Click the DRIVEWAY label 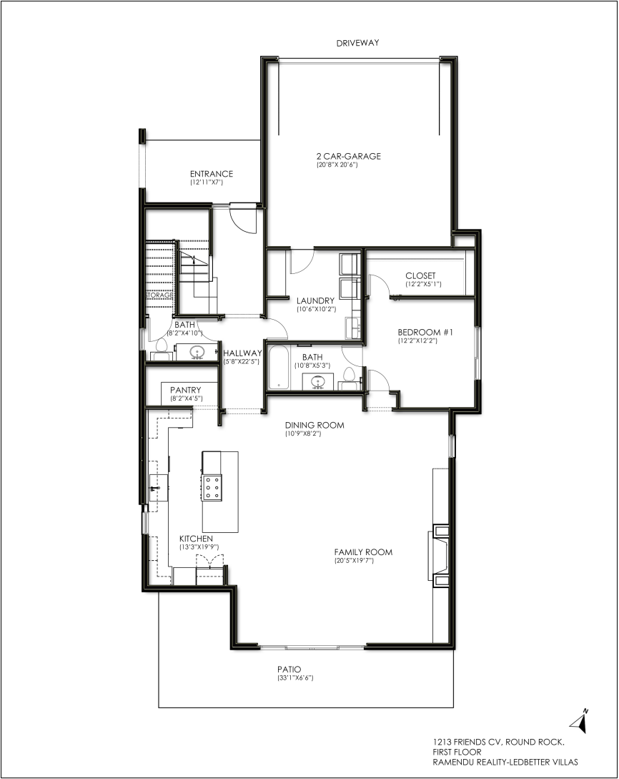click(x=357, y=43)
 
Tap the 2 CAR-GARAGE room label click(x=349, y=156)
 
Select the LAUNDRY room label click(x=315, y=300)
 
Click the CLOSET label click(x=420, y=275)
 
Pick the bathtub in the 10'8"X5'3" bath click(x=279, y=368)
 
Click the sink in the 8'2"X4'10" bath click(x=198, y=352)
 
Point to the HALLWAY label click(x=243, y=353)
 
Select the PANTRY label click(x=186, y=390)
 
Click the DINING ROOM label click(x=315, y=426)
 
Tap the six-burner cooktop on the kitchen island click(x=212, y=489)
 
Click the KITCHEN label click(x=196, y=539)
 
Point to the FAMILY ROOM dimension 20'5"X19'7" click(x=354, y=561)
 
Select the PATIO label click(x=289, y=670)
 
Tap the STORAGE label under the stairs click(x=160, y=295)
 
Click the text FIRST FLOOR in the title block click(x=457, y=752)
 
